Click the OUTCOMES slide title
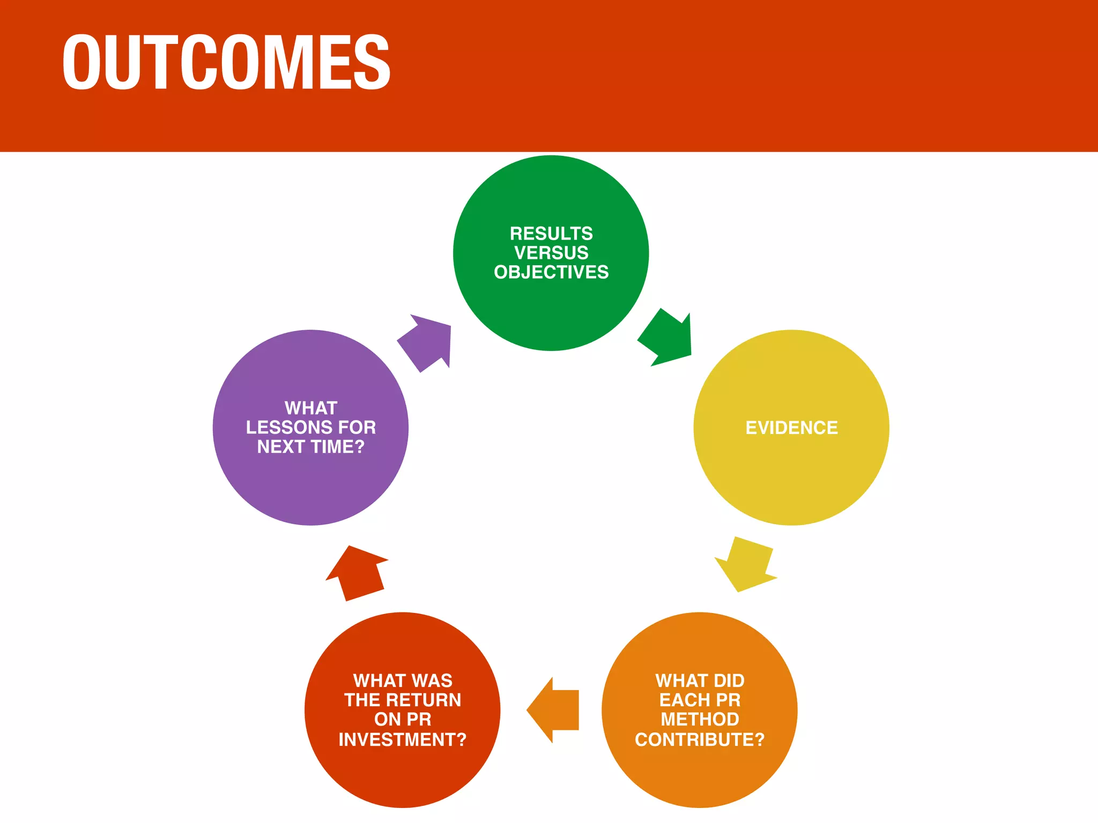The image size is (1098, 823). point(226,62)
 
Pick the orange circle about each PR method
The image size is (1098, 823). point(699,777)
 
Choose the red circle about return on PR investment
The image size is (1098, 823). point(402,777)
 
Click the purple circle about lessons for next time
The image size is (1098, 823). point(310,488)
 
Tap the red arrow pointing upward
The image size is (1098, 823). point(356,573)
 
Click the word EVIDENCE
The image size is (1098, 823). point(791,428)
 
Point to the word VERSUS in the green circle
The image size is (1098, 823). point(551,252)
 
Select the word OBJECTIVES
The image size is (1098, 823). point(551,272)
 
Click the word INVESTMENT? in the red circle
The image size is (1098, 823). point(402,739)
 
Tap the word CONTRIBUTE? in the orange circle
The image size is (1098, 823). point(699,739)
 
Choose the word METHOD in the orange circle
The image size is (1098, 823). point(699,719)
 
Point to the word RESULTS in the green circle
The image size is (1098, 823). point(551,233)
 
